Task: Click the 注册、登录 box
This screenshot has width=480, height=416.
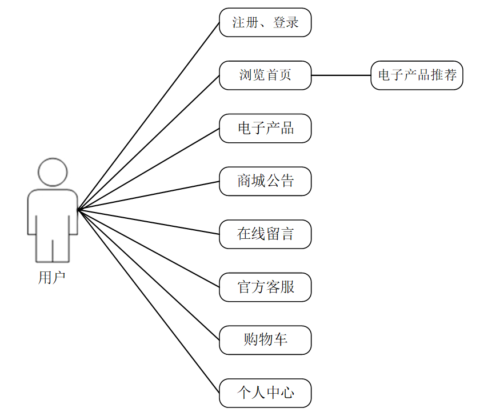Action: (x=265, y=23)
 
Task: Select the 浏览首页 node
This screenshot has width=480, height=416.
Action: (x=265, y=75)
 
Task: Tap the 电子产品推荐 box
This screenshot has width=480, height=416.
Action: (x=417, y=75)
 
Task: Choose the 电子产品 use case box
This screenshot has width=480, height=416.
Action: (x=265, y=128)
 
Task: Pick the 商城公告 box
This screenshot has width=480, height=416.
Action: (x=265, y=181)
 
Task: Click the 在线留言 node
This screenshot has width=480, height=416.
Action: (x=265, y=234)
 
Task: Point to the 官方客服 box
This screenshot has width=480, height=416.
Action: (x=265, y=287)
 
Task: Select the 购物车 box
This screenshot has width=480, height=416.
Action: (x=265, y=340)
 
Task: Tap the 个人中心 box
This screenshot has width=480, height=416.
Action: (x=265, y=393)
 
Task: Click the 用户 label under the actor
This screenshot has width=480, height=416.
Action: (x=52, y=278)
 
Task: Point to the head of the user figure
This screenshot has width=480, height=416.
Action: (x=53, y=172)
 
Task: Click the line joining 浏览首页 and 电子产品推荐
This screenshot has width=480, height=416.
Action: (x=341, y=75)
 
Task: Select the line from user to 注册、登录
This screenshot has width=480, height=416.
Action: (x=149, y=116)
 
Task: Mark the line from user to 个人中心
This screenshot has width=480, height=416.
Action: (x=149, y=301)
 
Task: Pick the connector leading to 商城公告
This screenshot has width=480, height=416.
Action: (x=149, y=195)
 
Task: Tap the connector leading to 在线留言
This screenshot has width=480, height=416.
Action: (x=149, y=222)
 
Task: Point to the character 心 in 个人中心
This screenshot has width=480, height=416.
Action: (x=287, y=393)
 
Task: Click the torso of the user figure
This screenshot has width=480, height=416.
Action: (x=53, y=211)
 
